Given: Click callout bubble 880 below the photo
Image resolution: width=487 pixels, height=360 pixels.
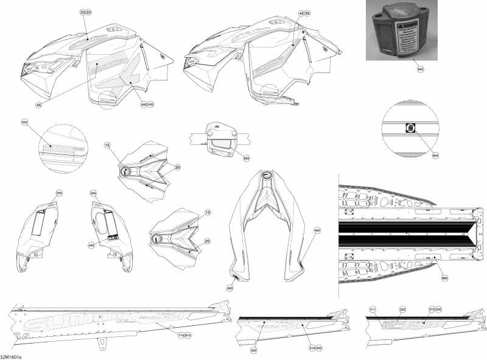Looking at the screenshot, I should (x=419, y=70).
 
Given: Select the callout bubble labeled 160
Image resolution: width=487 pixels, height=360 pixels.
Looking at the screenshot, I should (x=25, y=122).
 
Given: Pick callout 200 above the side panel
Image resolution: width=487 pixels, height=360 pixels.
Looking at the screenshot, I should (x=59, y=192).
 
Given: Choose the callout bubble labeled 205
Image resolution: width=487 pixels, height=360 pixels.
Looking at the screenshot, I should (x=93, y=192).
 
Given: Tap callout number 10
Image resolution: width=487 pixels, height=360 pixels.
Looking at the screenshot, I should (x=208, y=213).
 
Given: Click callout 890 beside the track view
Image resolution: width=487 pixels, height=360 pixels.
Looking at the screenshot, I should (x=444, y=278).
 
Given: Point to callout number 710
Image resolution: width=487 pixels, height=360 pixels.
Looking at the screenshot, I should (x=180, y=336).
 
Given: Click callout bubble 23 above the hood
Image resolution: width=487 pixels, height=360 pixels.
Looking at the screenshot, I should (x=82, y=12).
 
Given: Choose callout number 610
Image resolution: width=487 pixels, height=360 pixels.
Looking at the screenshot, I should (x=187, y=336).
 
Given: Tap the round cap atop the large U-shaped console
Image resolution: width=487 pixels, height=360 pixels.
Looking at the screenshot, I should (x=266, y=175).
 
